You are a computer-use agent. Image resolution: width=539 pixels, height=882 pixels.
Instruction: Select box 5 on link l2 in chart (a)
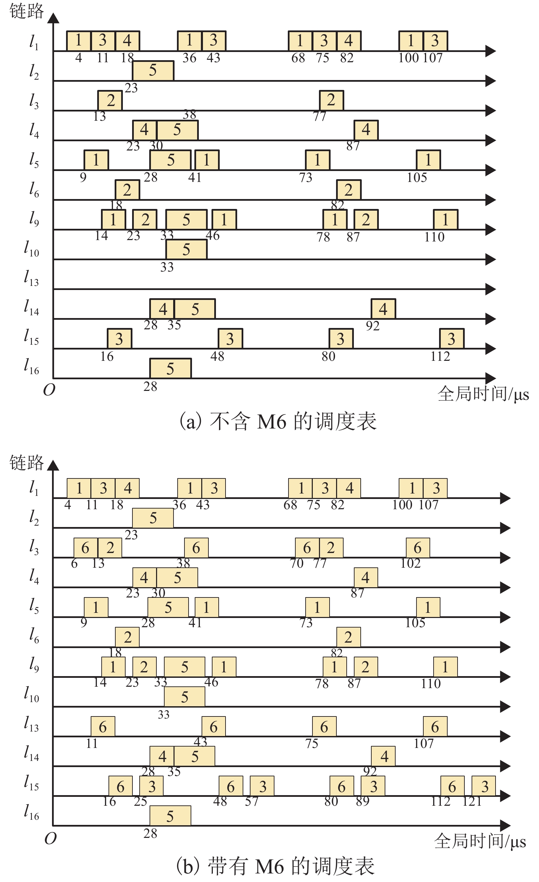click(153, 70)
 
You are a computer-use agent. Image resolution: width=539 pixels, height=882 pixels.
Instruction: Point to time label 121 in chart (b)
click(472, 802)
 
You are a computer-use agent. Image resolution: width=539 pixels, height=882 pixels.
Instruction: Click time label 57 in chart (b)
click(252, 802)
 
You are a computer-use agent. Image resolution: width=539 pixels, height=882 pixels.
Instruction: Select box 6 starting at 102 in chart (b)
click(418, 548)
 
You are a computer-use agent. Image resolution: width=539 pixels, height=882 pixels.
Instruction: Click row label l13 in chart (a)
click(31, 278)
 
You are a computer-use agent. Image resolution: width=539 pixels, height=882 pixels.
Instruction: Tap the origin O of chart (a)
click(49, 390)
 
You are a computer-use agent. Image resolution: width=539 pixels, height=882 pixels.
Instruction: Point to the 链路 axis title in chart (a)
click(26, 11)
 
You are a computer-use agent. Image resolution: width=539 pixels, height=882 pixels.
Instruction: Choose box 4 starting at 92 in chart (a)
click(383, 308)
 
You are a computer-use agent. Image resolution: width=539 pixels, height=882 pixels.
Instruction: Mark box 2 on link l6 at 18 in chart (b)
click(127, 637)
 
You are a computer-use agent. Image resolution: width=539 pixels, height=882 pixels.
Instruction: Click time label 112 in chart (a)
click(440, 356)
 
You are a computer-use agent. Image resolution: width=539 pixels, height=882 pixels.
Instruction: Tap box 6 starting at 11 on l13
click(103, 727)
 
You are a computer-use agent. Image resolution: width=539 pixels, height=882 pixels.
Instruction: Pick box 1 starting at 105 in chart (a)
click(428, 160)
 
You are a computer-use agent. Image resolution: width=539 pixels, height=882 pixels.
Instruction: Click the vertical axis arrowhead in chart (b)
click(53, 465)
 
